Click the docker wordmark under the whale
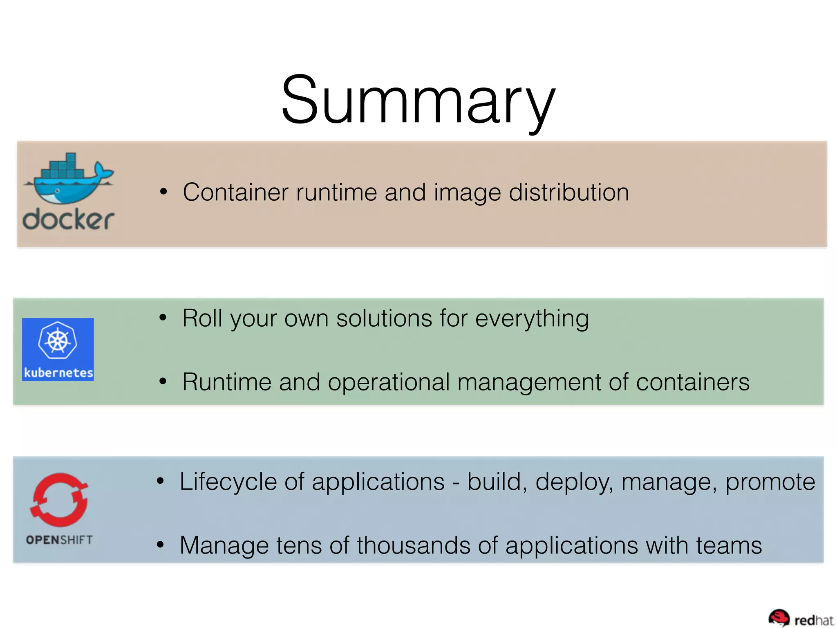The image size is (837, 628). (68, 220)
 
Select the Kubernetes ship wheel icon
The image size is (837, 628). (58, 340)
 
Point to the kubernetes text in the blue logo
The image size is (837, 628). (58, 372)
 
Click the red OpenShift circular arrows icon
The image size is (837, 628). (59, 500)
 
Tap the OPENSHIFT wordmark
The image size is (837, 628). (59, 540)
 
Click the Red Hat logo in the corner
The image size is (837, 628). (801, 619)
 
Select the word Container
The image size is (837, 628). (235, 192)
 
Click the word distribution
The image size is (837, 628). (568, 192)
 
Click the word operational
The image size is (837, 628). (389, 382)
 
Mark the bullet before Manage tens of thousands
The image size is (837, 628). (160, 545)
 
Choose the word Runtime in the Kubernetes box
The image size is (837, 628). (227, 382)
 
